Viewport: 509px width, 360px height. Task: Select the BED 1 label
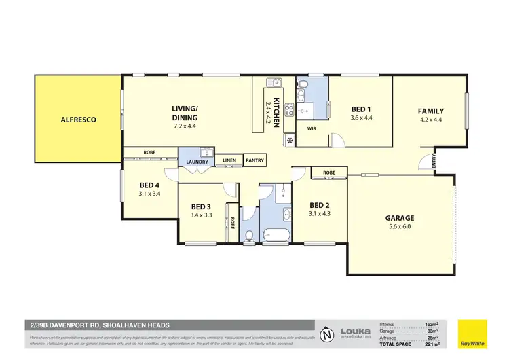(361, 109)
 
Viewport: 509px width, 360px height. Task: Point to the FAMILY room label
(431, 111)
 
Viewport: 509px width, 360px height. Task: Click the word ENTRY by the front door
(434, 164)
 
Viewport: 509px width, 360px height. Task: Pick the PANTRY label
(254, 160)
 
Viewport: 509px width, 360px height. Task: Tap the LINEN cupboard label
(229, 161)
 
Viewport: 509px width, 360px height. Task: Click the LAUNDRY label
(197, 162)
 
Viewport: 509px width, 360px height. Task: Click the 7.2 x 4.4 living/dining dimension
(184, 126)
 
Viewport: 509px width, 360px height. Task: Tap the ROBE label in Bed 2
(328, 173)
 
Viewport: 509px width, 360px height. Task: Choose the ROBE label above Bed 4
(151, 153)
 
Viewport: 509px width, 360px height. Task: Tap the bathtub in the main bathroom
(276, 236)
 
